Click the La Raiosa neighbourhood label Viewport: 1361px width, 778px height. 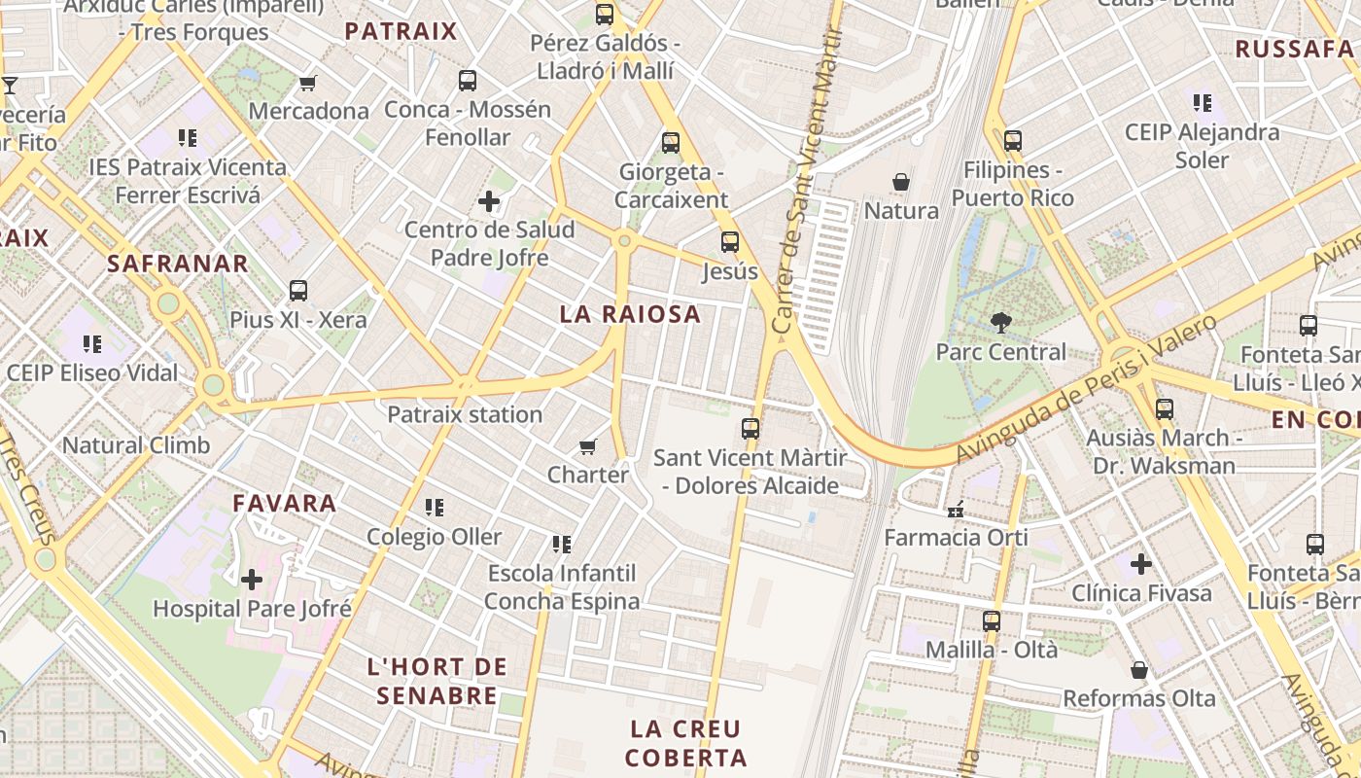coord(630,314)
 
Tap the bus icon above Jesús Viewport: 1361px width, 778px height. coord(730,242)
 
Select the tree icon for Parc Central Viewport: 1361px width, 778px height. coord(1000,323)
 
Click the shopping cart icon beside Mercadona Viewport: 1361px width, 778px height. coord(308,84)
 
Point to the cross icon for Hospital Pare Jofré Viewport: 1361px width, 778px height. coord(252,581)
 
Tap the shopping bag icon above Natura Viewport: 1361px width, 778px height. coord(901,182)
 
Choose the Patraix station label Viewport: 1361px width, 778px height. coord(465,415)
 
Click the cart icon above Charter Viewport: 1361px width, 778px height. coord(587,446)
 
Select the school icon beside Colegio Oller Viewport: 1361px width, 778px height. coord(435,508)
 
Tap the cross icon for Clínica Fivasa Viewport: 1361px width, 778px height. coord(1141,564)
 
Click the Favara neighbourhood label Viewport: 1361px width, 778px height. coord(285,504)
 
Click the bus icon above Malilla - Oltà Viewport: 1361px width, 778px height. coord(992,620)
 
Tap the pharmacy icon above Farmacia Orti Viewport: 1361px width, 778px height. coord(956,508)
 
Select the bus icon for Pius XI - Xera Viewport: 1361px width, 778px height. coord(298,291)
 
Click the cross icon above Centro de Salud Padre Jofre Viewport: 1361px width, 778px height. coord(489,202)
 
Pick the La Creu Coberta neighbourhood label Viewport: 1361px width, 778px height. coord(686,743)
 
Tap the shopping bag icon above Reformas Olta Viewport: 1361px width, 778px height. coord(1139,670)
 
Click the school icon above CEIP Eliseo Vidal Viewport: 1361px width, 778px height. coord(92,343)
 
